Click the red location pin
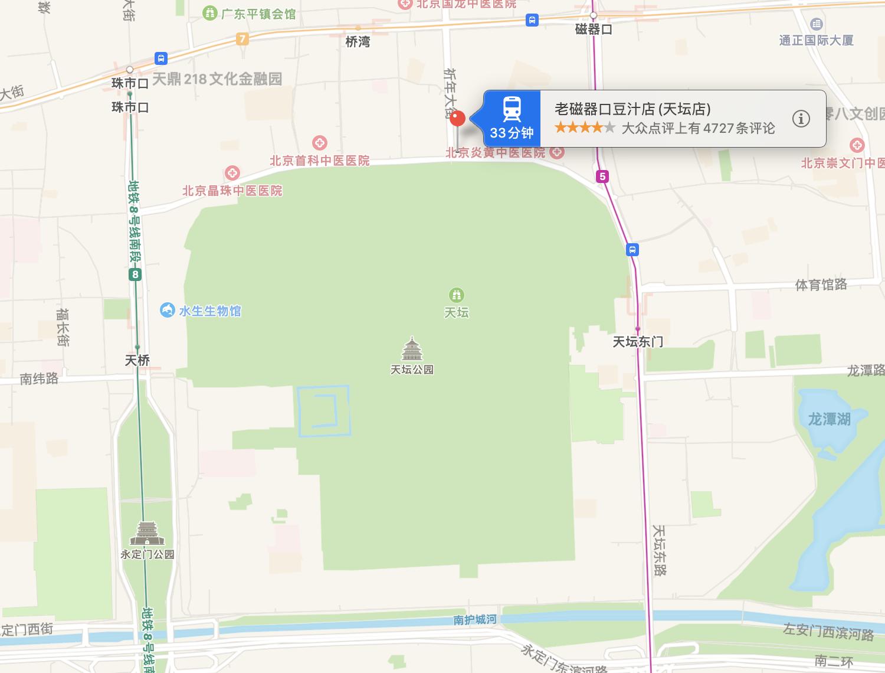tap(457, 119)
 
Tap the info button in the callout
tap(801, 119)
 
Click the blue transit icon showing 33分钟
tap(512, 119)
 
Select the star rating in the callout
tap(585, 128)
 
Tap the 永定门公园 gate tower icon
tap(147, 534)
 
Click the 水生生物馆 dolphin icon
tap(168, 310)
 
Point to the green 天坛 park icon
tap(456, 294)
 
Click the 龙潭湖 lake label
tap(829, 419)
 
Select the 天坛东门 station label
tap(637, 341)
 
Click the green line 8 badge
tap(135, 275)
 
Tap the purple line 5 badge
tap(602, 176)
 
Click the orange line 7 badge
tap(242, 39)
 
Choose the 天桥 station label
tap(137, 360)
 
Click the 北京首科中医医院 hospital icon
tap(320, 143)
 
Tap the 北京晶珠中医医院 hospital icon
tap(232, 173)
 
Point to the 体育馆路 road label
tap(821, 285)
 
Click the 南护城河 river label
tap(475, 619)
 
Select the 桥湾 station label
tap(358, 42)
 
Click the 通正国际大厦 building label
tap(816, 40)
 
